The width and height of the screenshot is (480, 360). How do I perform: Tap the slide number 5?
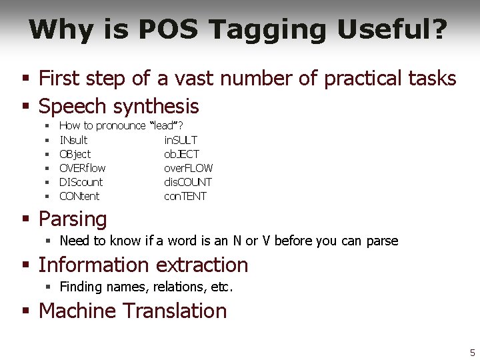click(472, 352)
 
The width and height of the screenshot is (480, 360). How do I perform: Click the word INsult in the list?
click(73, 140)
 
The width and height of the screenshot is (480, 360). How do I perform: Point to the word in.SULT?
click(181, 140)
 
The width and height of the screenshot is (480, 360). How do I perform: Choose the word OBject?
click(75, 154)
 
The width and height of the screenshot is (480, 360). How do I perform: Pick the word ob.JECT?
click(181, 154)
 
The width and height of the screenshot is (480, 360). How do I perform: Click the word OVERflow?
click(83, 168)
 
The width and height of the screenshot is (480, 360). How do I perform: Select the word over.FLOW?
click(189, 168)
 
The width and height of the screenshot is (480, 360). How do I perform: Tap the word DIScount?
click(81, 182)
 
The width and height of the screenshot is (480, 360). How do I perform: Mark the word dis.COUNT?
click(188, 182)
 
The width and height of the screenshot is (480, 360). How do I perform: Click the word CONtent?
click(79, 196)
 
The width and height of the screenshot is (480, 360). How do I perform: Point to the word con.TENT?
click(185, 196)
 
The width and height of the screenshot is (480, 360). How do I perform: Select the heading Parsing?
click(73, 219)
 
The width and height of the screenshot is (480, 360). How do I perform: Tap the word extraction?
click(202, 265)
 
